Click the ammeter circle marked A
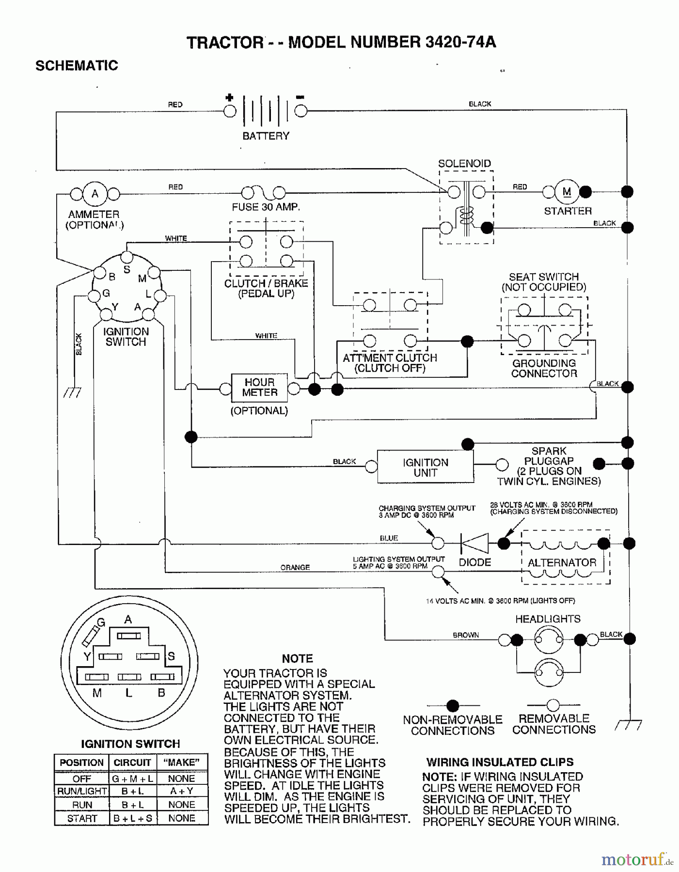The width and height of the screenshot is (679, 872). [95, 194]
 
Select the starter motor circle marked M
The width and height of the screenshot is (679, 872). [567, 192]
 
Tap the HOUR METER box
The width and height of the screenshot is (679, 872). [259, 388]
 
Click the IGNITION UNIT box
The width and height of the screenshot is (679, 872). [425, 467]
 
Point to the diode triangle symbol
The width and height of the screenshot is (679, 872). [474, 543]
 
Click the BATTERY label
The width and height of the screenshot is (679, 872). [266, 136]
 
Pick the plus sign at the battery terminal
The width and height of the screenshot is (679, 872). [229, 97]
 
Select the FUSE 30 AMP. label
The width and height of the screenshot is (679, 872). [266, 207]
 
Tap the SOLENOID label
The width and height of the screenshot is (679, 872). [464, 163]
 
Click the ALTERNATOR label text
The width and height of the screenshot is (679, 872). [562, 562]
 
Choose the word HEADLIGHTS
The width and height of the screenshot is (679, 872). [548, 619]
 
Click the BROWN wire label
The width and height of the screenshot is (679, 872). [466, 635]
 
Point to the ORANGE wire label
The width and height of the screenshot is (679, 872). [295, 567]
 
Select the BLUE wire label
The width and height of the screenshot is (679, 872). [389, 538]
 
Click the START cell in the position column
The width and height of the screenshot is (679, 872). [82, 818]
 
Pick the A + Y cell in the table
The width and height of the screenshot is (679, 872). [182, 791]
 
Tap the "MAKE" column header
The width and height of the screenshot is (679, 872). [182, 763]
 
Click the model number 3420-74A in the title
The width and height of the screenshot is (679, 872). [460, 43]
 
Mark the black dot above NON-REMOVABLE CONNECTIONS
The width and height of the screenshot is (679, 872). [452, 705]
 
